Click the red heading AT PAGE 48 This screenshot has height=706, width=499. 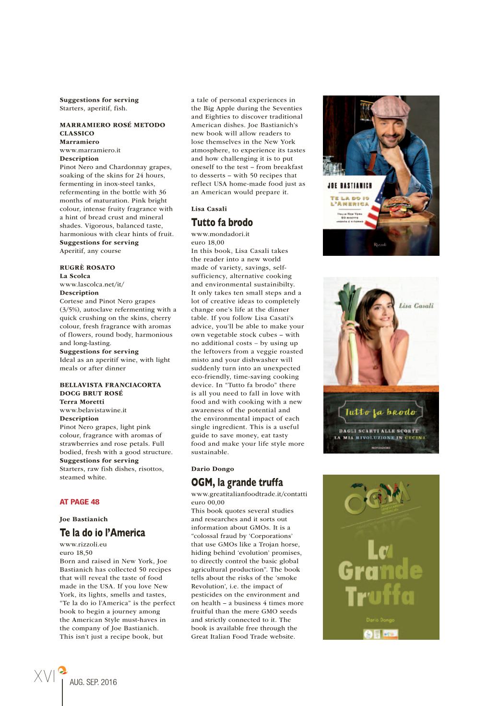click(79, 502)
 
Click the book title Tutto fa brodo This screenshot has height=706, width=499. click(222, 223)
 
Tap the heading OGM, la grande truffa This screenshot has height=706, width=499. click(237, 482)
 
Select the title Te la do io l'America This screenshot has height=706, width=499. click(102, 533)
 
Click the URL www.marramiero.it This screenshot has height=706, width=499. click(90, 150)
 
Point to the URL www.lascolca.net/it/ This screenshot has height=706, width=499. click(92, 285)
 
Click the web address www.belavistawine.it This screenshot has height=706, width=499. click(93, 410)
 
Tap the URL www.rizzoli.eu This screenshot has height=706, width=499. click(83, 544)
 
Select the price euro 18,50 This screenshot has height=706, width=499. click(76, 553)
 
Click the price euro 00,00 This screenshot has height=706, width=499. click(207, 503)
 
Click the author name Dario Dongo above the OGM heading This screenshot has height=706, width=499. click(213, 469)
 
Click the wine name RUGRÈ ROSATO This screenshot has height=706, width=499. click(87, 268)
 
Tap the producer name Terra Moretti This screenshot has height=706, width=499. click(82, 402)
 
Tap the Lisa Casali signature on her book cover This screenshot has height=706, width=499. click(416, 306)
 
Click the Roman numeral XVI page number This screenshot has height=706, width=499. click(45, 676)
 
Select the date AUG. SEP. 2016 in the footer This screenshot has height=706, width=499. click(93, 682)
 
